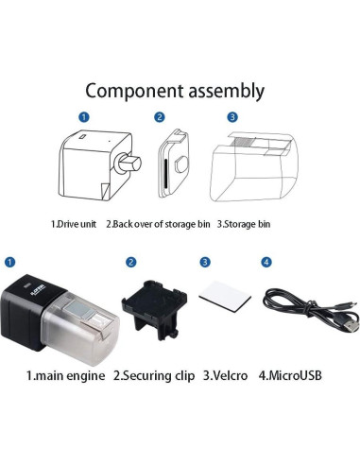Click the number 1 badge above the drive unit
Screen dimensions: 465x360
83,118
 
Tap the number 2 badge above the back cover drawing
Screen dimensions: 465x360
160,118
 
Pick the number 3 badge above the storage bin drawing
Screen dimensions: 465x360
231,118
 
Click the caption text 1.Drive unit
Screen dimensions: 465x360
76,225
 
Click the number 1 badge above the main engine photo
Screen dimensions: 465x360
9,262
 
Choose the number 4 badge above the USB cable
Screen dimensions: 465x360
266,262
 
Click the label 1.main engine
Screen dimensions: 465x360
63,376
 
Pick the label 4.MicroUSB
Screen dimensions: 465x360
290,376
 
